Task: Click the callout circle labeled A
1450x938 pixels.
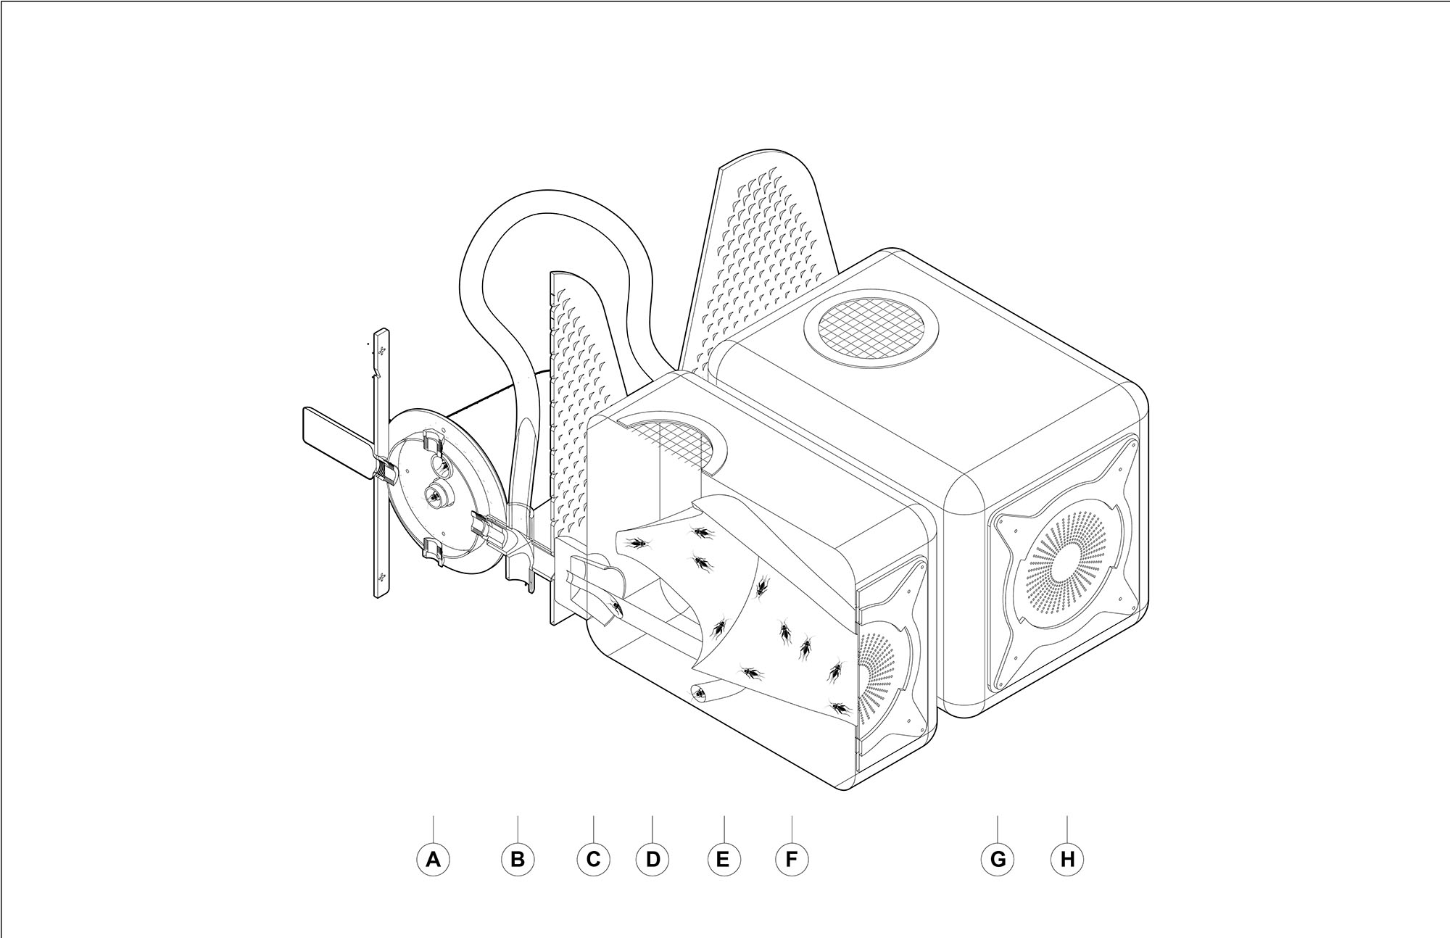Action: click(x=433, y=860)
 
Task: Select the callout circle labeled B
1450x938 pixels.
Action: click(x=518, y=860)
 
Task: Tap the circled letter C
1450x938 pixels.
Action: click(x=593, y=860)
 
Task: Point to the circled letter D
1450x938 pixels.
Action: click(x=652, y=860)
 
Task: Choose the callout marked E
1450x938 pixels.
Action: click(x=724, y=860)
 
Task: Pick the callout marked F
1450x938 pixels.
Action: click(x=792, y=860)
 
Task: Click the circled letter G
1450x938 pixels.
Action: click(x=998, y=860)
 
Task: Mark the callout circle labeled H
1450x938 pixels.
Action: click(x=1067, y=860)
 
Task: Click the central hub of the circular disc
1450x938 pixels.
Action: click(x=434, y=495)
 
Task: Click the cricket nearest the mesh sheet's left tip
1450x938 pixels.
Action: click(x=639, y=541)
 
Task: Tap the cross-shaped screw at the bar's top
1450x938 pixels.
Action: click(x=381, y=351)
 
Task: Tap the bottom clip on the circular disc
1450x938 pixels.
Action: click(x=433, y=550)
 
